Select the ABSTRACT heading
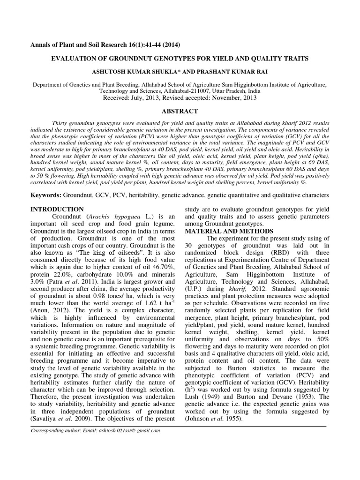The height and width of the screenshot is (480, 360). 180,111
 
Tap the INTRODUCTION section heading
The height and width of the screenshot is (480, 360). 57,209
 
